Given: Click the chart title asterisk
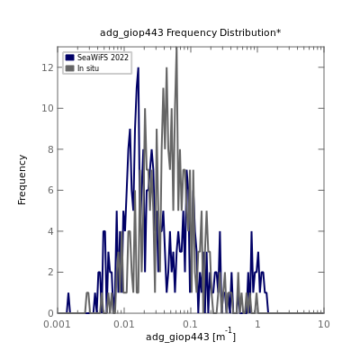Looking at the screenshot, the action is (279, 31).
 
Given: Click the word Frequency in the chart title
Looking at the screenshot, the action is (192, 32).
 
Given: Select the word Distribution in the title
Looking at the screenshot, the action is (247, 32).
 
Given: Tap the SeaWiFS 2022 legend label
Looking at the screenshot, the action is (103, 58).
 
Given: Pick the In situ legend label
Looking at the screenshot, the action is (88, 68).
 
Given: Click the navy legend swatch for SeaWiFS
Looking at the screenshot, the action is (69, 58).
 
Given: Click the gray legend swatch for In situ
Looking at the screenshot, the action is (69, 68).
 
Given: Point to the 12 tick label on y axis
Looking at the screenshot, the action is (48, 67).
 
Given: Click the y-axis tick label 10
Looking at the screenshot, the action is (48, 108).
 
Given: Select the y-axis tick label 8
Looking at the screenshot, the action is (50, 149).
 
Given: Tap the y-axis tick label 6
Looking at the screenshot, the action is (50, 190).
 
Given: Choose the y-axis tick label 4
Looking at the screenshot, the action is (50, 231).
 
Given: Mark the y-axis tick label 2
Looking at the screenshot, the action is (50, 272).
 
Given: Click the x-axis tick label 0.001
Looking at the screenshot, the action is (58, 324).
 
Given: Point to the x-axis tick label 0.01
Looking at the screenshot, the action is (124, 324).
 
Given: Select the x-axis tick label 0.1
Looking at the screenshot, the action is (191, 324).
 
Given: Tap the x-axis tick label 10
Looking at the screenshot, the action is (324, 324).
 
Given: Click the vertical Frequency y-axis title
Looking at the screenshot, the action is (22, 180).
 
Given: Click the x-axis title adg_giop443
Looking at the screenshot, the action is (177, 337).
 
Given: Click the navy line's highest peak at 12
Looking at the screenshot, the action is (139, 67).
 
